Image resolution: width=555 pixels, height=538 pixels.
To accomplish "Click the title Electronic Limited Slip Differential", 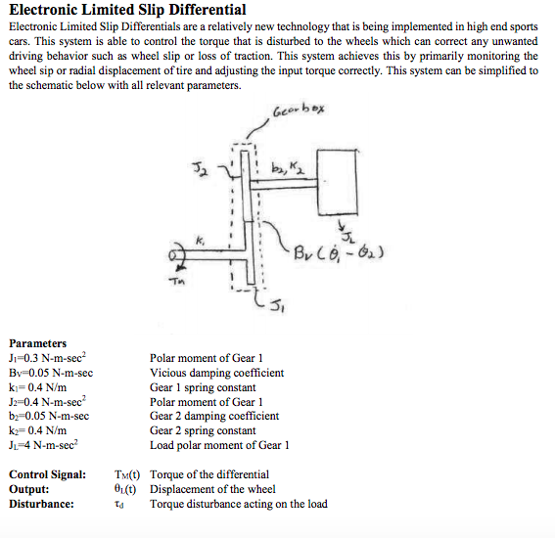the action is [x=127, y=11].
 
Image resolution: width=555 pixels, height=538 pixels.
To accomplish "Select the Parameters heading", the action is [x=38, y=343].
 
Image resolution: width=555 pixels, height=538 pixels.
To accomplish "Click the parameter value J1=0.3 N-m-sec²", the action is [x=48, y=358].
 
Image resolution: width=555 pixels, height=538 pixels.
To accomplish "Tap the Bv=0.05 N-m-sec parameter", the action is [x=51, y=373].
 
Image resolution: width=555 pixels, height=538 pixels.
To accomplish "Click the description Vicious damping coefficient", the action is [x=216, y=373].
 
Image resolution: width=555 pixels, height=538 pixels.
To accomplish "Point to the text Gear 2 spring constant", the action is [x=203, y=430].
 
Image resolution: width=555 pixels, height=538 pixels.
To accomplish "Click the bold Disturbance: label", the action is [x=41, y=504].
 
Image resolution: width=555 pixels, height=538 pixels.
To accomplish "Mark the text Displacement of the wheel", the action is [x=212, y=489].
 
